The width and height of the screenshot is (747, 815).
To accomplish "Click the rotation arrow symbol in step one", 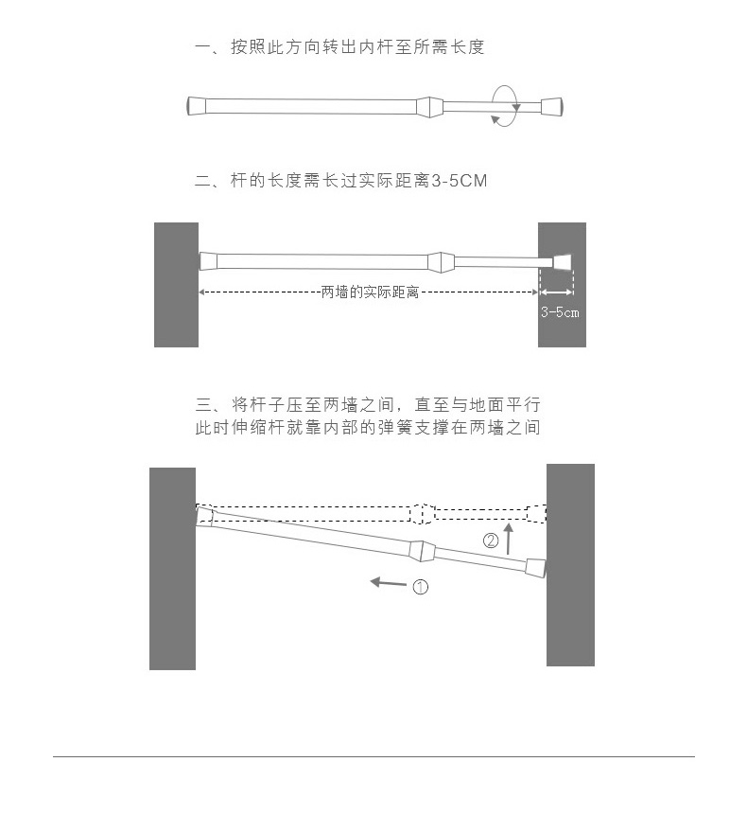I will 505,104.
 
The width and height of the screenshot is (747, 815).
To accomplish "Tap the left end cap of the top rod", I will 196,105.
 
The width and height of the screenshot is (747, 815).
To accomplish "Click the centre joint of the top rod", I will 428,105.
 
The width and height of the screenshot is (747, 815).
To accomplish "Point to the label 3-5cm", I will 560,311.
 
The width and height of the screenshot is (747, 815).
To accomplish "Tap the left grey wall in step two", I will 176,284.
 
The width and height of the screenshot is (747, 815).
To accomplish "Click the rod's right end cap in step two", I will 562,262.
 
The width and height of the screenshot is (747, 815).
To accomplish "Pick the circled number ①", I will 420,587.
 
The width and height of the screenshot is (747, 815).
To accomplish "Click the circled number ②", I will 491,541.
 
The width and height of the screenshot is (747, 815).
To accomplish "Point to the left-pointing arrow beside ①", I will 388,582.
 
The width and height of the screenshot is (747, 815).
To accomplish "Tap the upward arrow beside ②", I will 510,538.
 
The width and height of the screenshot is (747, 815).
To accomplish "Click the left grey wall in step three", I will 172,568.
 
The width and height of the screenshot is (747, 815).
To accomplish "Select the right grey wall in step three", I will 570,564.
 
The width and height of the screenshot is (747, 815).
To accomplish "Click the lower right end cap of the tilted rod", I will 534,567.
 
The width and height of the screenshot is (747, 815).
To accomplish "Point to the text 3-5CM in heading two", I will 459,180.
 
